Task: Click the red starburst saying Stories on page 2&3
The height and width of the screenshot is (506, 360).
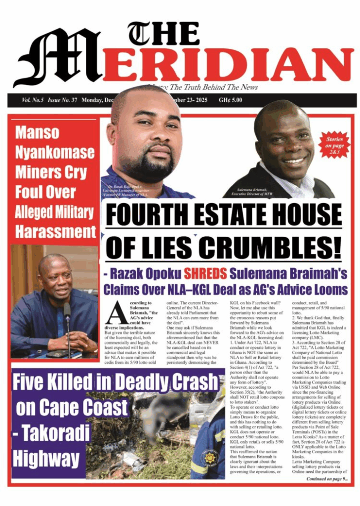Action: (334, 144)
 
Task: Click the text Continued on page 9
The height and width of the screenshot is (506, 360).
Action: (326, 479)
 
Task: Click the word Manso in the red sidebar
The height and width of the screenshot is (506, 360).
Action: (37, 132)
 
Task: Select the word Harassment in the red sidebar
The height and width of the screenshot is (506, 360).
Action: (55, 231)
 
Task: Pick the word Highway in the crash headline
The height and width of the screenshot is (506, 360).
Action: (45, 459)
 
